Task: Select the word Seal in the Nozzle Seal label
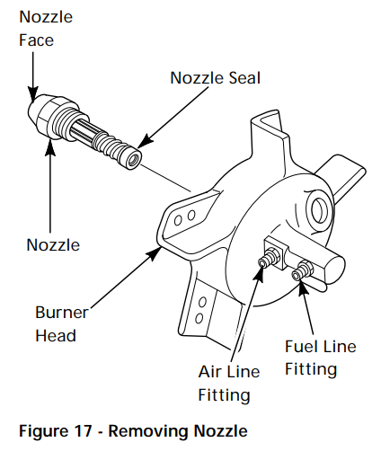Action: tap(242, 78)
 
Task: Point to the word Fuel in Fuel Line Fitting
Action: tap(300, 347)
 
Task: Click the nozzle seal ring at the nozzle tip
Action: tap(136, 158)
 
